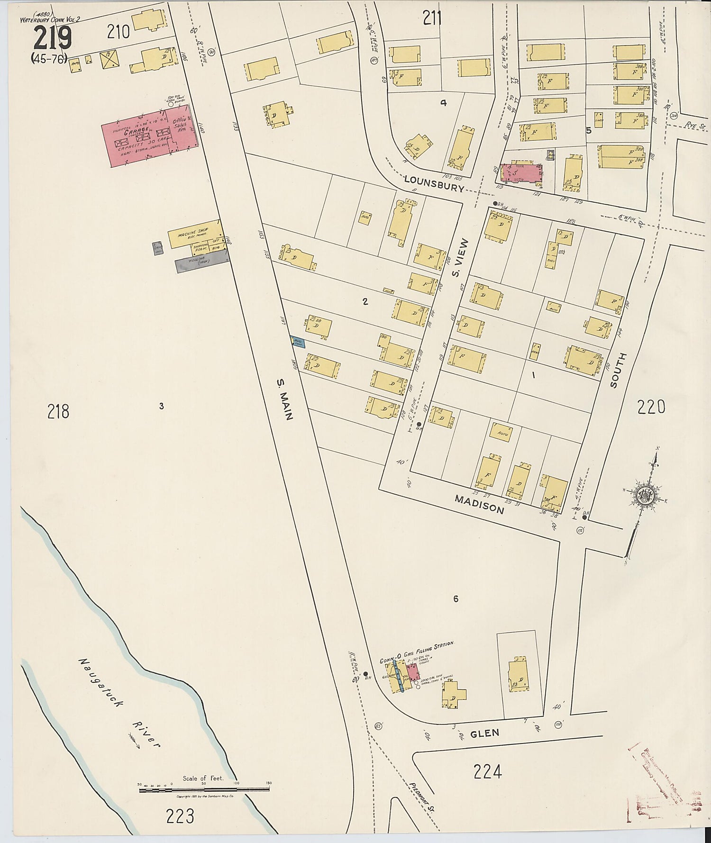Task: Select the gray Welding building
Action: [202, 261]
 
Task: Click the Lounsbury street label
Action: [434, 183]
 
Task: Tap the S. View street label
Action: [460, 258]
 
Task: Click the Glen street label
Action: [484, 734]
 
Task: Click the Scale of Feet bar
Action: [204, 789]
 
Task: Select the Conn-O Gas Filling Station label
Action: [416, 652]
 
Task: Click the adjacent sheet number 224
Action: [487, 772]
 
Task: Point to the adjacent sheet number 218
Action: [58, 411]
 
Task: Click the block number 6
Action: [456, 599]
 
